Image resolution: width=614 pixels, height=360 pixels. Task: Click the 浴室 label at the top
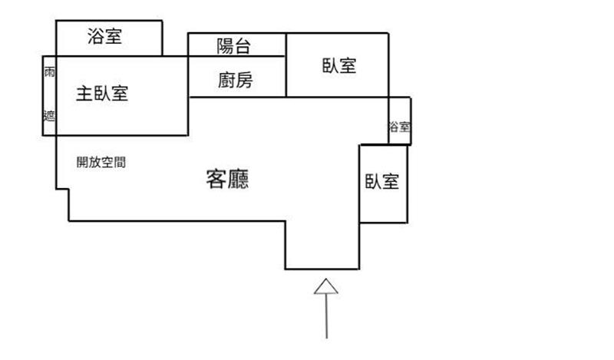click(104, 35)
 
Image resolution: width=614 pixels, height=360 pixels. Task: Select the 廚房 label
click(235, 80)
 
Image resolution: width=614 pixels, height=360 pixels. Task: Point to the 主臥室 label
click(101, 94)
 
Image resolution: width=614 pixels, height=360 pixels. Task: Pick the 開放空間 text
click(101, 162)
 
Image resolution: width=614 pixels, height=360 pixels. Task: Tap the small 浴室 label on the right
click(399, 127)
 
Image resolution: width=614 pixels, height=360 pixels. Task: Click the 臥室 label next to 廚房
click(338, 66)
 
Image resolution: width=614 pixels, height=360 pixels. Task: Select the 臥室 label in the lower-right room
click(382, 182)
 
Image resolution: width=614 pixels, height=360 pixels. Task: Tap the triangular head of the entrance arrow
click(326, 286)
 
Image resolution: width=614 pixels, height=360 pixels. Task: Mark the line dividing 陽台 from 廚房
click(237, 56)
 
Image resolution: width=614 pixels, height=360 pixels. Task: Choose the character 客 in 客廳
click(217, 180)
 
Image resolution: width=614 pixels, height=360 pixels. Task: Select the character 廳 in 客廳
click(241, 180)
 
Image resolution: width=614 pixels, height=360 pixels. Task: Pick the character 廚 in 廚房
click(226, 80)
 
